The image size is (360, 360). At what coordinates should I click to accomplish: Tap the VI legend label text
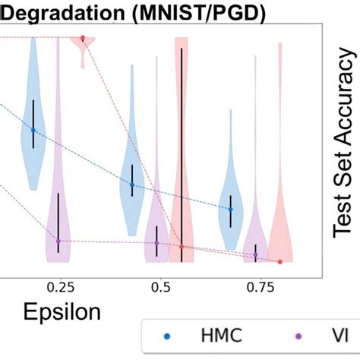331,335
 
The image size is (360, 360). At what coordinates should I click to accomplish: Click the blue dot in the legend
167,335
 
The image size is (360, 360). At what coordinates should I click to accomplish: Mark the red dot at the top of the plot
83,37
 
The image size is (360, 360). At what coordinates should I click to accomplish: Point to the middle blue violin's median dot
132,185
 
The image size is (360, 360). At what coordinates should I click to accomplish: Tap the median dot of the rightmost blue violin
230,209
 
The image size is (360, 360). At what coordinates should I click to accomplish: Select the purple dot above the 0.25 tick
58,242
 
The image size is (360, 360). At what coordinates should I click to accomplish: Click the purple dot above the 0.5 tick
156,243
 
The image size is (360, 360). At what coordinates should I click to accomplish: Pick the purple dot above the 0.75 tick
256,255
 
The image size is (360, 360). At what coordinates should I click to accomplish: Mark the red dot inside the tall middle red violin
182,247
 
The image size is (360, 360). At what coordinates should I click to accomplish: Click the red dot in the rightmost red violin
280,261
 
